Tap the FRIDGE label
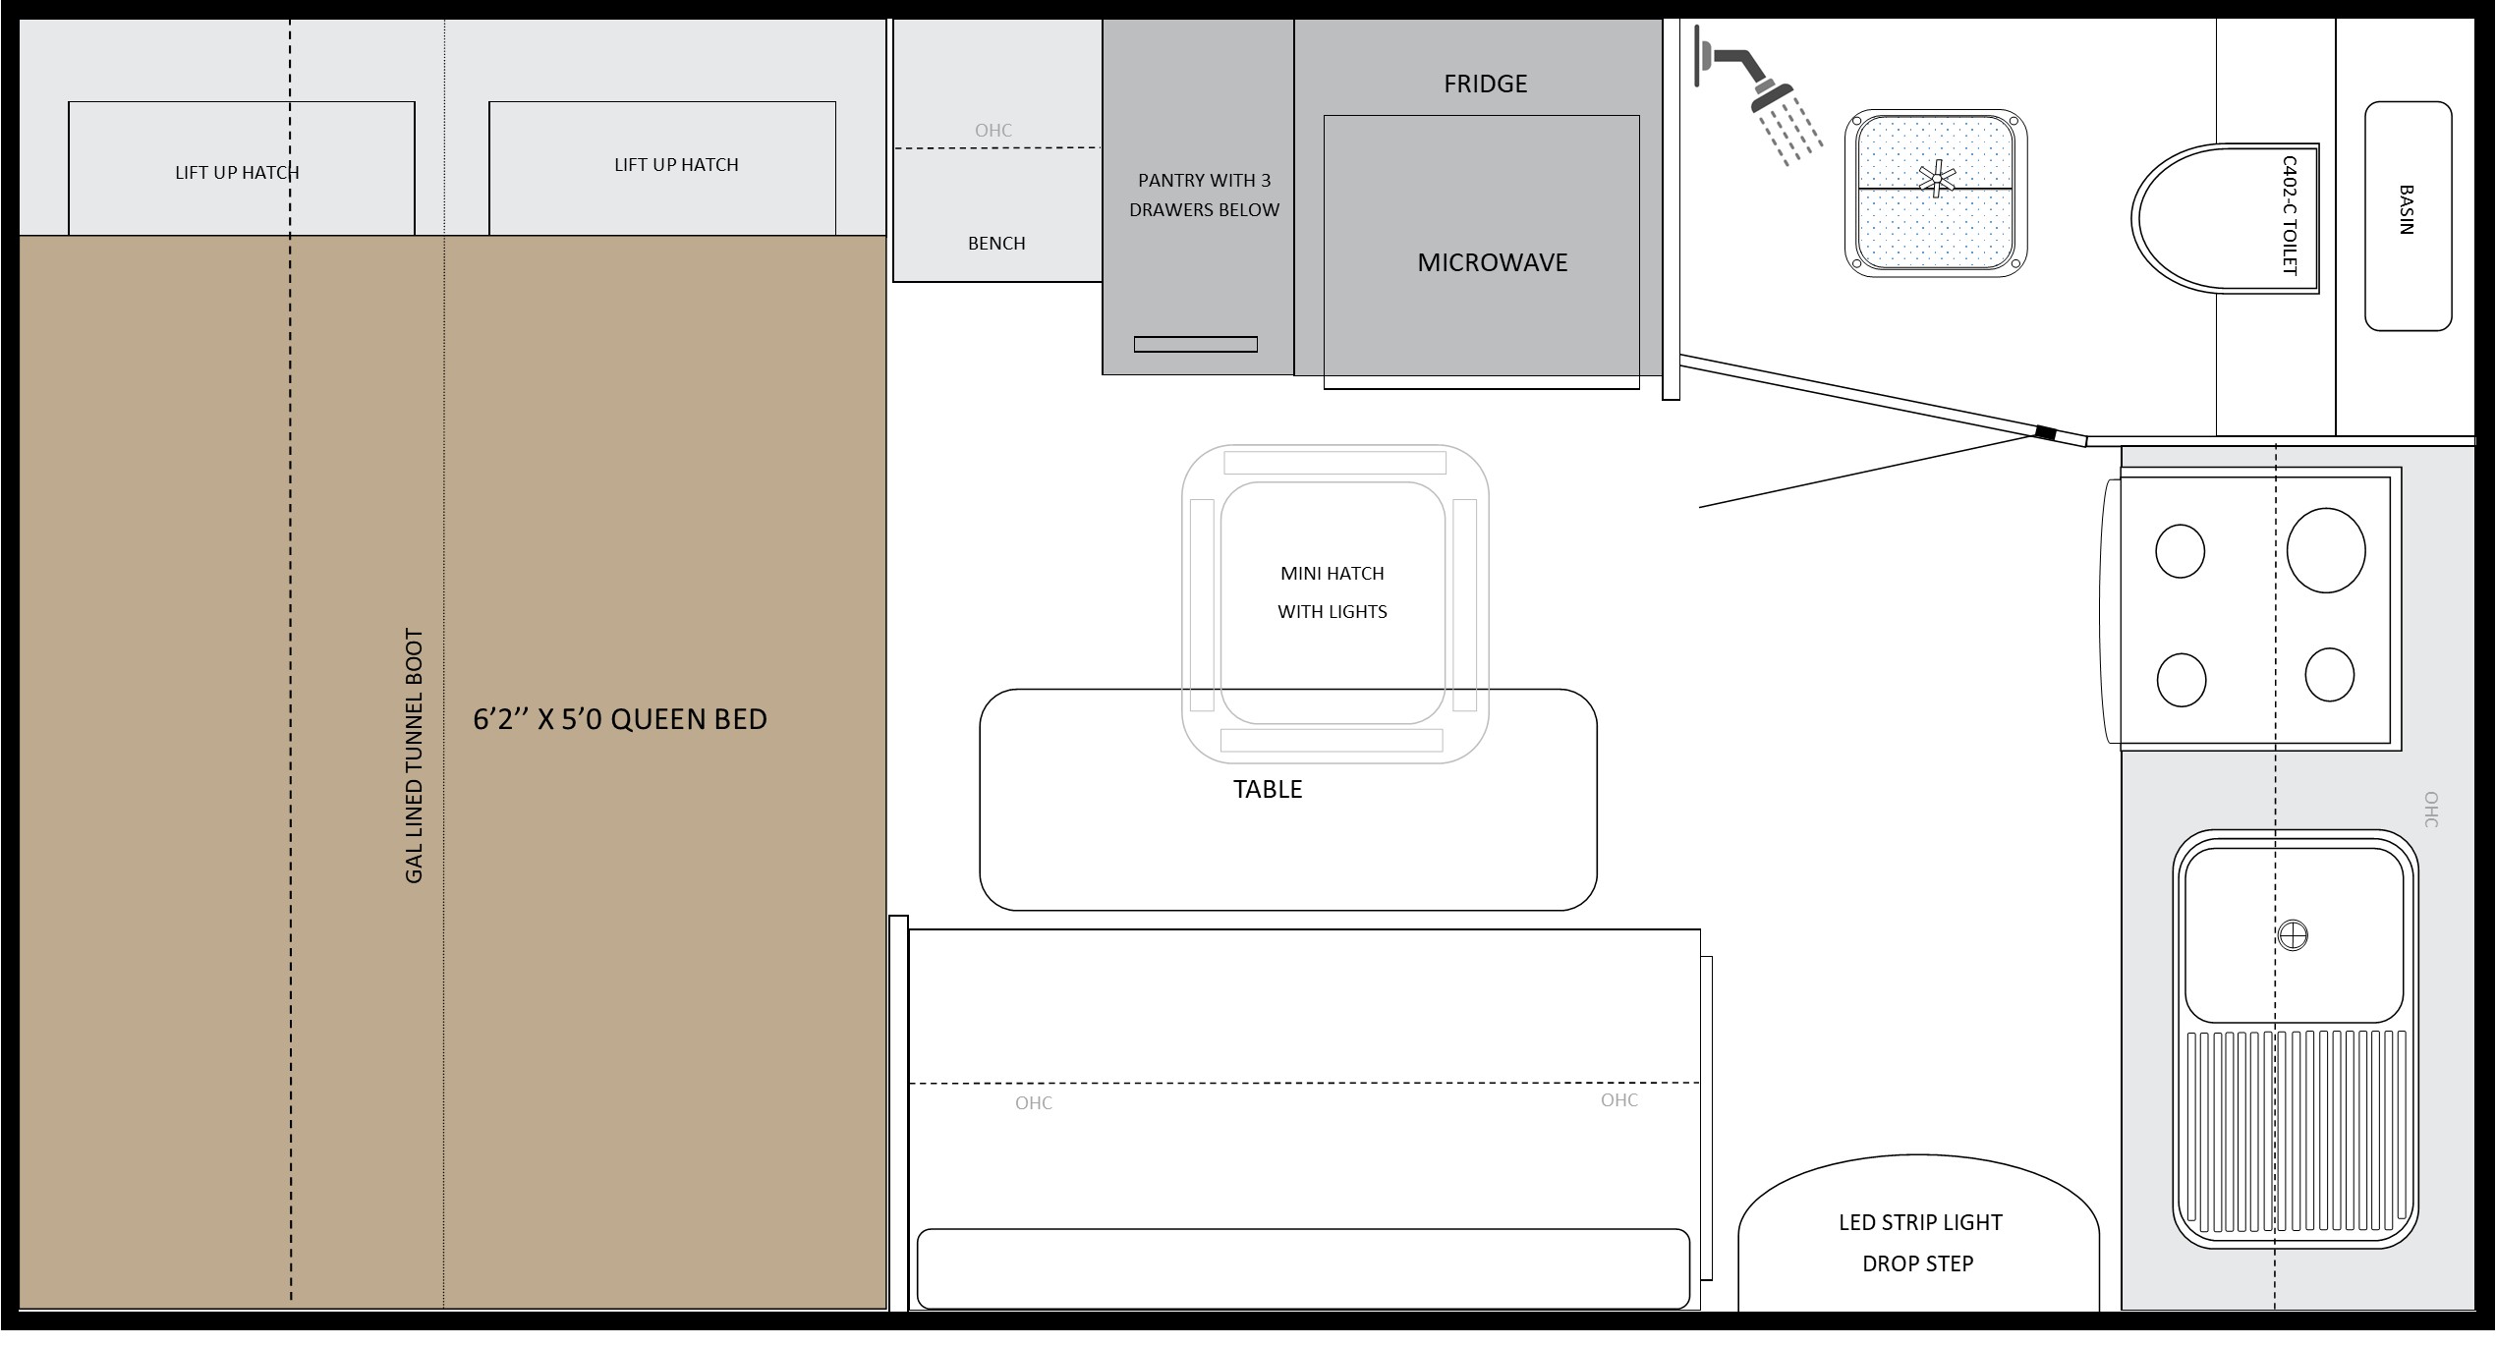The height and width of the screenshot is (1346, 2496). [x=1485, y=84]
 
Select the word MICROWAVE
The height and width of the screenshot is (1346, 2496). [x=1492, y=262]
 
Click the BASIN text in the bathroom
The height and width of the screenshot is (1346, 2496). [x=2407, y=210]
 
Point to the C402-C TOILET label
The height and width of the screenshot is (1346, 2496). [x=2290, y=215]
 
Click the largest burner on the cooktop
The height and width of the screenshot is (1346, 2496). [x=2326, y=550]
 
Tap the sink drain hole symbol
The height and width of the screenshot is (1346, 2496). [x=2293, y=935]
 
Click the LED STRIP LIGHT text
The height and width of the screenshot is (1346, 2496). [x=1920, y=1223]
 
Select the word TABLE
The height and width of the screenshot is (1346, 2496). [x=1268, y=790]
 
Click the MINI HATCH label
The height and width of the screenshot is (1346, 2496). [x=1332, y=574]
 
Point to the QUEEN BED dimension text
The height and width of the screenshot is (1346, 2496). [x=620, y=720]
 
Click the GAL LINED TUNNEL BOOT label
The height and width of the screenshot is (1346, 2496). [x=414, y=757]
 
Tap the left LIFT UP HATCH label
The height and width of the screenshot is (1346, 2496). [x=237, y=173]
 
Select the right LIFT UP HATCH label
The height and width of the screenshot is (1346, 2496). [x=676, y=165]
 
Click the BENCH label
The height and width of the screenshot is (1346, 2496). [x=996, y=244]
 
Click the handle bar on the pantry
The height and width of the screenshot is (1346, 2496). [x=1196, y=345]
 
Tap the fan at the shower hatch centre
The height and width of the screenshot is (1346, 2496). [x=1937, y=180]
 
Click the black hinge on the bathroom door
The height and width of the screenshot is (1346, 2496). [x=2045, y=433]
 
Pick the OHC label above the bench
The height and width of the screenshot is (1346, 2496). [x=993, y=131]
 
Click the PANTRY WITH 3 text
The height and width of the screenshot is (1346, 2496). [x=1204, y=181]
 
